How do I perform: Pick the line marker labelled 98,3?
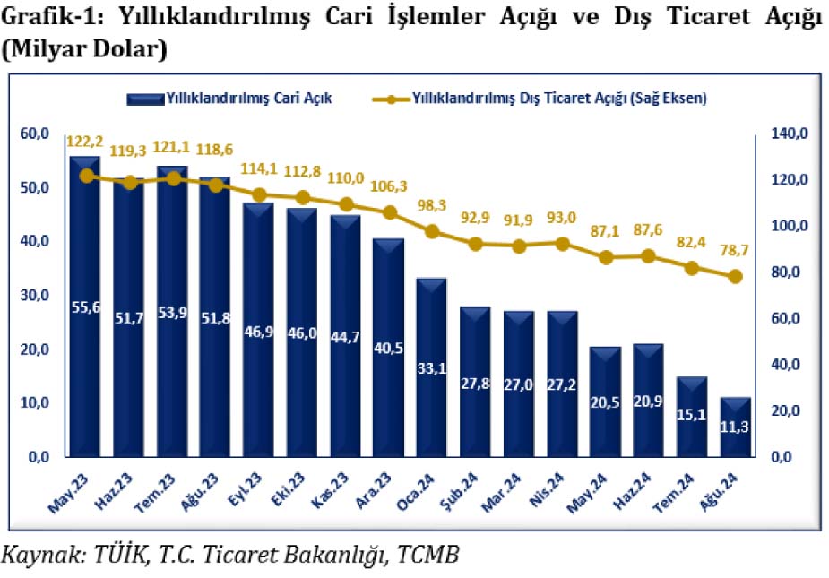click(x=431, y=231)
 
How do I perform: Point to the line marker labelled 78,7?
click(x=734, y=277)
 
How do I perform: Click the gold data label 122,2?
click(x=85, y=142)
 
